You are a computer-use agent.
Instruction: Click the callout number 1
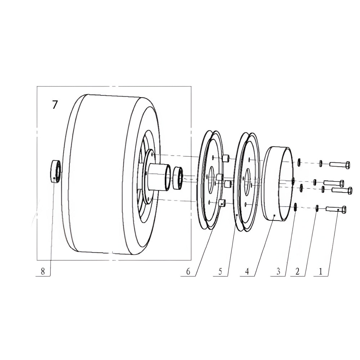(320, 272)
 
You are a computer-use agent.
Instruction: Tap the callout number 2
(297, 272)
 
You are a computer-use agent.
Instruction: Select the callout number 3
(278, 272)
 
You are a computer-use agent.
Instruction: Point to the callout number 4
(247, 272)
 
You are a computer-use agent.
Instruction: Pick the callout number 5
(220, 272)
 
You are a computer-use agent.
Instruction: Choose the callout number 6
(188, 272)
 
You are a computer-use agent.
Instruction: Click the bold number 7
(54, 105)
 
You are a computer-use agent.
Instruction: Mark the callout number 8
(43, 272)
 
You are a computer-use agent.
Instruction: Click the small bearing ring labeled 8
(56, 171)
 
